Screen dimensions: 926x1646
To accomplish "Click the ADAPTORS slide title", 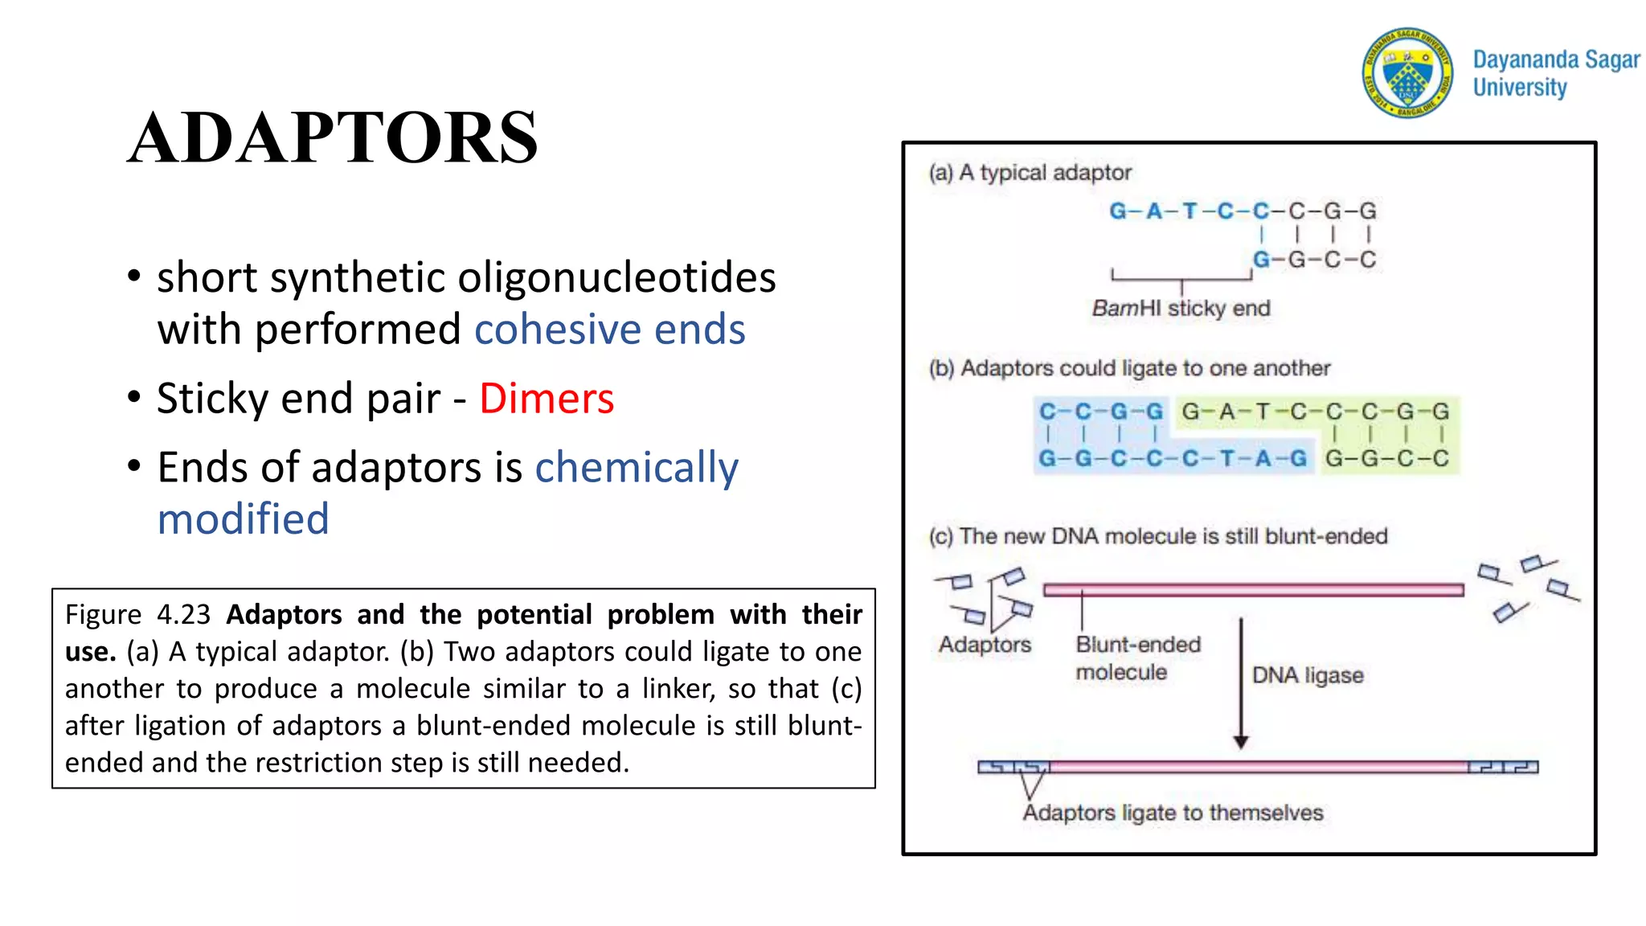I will (x=333, y=138).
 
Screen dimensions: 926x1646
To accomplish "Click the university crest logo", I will (x=1407, y=72).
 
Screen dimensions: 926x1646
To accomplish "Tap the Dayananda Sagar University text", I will (x=1554, y=73).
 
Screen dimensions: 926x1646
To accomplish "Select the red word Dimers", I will (x=547, y=399).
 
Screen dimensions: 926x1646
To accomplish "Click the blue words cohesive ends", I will (x=609, y=330).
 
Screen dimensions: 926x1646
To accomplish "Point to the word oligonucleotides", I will (x=616, y=278).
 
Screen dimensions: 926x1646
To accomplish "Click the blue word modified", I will (x=244, y=519).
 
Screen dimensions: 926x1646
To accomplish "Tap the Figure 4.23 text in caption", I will (x=137, y=615).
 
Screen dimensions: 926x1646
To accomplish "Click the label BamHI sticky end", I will (x=1181, y=309).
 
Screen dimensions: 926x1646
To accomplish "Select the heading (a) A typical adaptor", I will (x=1030, y=173).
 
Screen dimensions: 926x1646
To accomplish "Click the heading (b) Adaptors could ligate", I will (x=1129, y=368).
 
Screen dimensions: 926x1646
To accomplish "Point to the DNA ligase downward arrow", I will (x=1241, y=683).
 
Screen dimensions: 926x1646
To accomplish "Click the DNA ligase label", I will (x=1308, y=675).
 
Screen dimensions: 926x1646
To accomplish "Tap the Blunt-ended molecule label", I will (x=1137, y=658).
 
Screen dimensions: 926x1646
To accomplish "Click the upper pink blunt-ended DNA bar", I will (x=1253, y=590).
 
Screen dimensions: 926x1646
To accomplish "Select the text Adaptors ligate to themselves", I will (x=1173, y=813).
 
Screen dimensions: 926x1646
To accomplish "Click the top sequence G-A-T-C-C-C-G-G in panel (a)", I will (x=1242, y=211).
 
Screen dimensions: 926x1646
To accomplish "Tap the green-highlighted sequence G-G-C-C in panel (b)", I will (x=1386, y=459).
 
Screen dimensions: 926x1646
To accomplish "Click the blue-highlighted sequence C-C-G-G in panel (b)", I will (x=1100, y=412).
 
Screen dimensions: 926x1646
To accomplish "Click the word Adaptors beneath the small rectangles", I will (x=985, y=645).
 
